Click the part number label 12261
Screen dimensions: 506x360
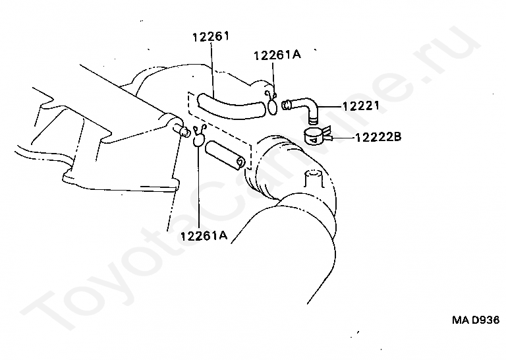coord(210,37)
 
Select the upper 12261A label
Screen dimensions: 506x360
coord(276,55)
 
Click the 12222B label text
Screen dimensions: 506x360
coord(378,137)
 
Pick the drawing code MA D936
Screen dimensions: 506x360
coord(475,319)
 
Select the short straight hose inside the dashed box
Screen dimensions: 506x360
coord(224,157)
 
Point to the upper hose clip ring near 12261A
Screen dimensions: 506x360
coord(271,104)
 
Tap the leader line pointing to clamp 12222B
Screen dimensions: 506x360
coord(340,138)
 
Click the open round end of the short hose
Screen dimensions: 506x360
coord(242,162)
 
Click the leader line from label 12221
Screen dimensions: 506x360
coord(329,105)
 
